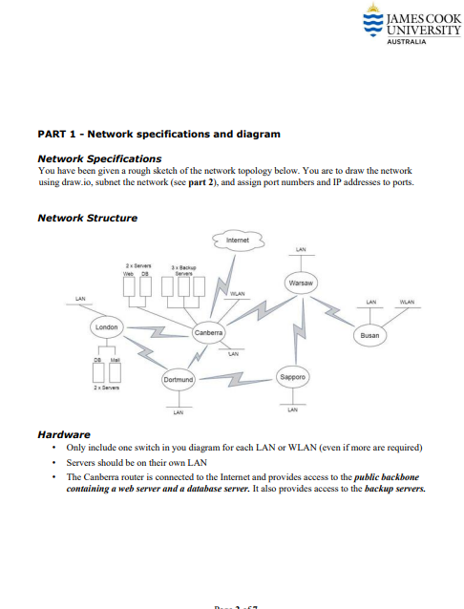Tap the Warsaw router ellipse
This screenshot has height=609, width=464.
(x=302, y=283)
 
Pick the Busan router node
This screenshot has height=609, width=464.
(x=371, y=335)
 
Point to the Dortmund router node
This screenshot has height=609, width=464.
(x=179, y=380)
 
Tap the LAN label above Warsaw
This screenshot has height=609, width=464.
(x=301, y=248)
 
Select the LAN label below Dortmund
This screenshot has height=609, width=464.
(x=179, y=413)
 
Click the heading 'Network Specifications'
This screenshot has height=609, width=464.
(x=98, y=158)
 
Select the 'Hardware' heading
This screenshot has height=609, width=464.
(x=63, y=434)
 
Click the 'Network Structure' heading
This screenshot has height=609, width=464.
(x=87, y=218)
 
